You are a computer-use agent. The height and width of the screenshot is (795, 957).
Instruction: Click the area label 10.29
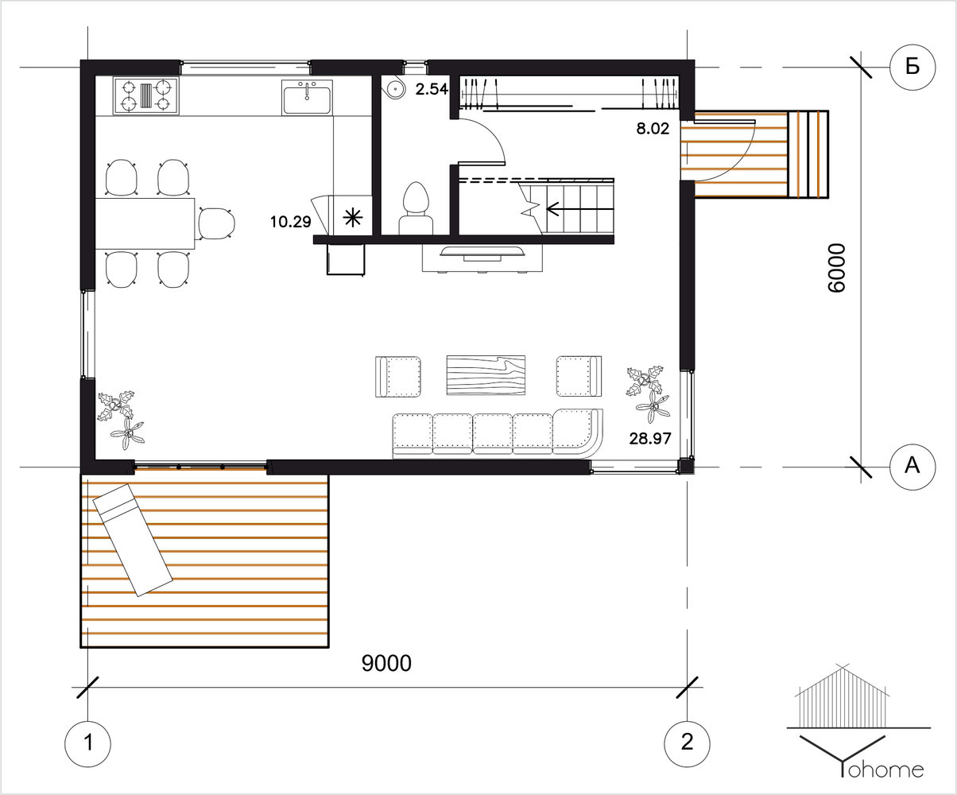[291, 222]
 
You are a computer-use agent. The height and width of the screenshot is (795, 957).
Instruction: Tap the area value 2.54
[432, 88]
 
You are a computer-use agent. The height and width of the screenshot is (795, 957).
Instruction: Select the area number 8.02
[653, 128]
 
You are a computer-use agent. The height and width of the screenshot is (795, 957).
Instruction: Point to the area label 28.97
[650, 439]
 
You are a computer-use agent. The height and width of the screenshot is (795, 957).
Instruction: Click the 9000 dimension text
[386, 663]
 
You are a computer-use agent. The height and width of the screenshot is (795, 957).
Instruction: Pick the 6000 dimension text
[836, 268]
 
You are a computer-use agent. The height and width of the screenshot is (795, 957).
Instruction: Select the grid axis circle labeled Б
[912, 68]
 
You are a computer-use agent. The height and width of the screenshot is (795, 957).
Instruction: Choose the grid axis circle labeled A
[912, 467]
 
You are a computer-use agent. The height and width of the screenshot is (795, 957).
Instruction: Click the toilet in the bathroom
[417, 208]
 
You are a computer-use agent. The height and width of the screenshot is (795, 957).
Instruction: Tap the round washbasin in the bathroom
[393, 88]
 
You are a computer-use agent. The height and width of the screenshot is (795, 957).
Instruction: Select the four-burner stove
[146, 96]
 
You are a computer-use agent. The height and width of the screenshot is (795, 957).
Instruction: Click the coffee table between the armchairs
[486, 375]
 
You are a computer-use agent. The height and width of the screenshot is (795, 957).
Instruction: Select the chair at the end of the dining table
[217, 223]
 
